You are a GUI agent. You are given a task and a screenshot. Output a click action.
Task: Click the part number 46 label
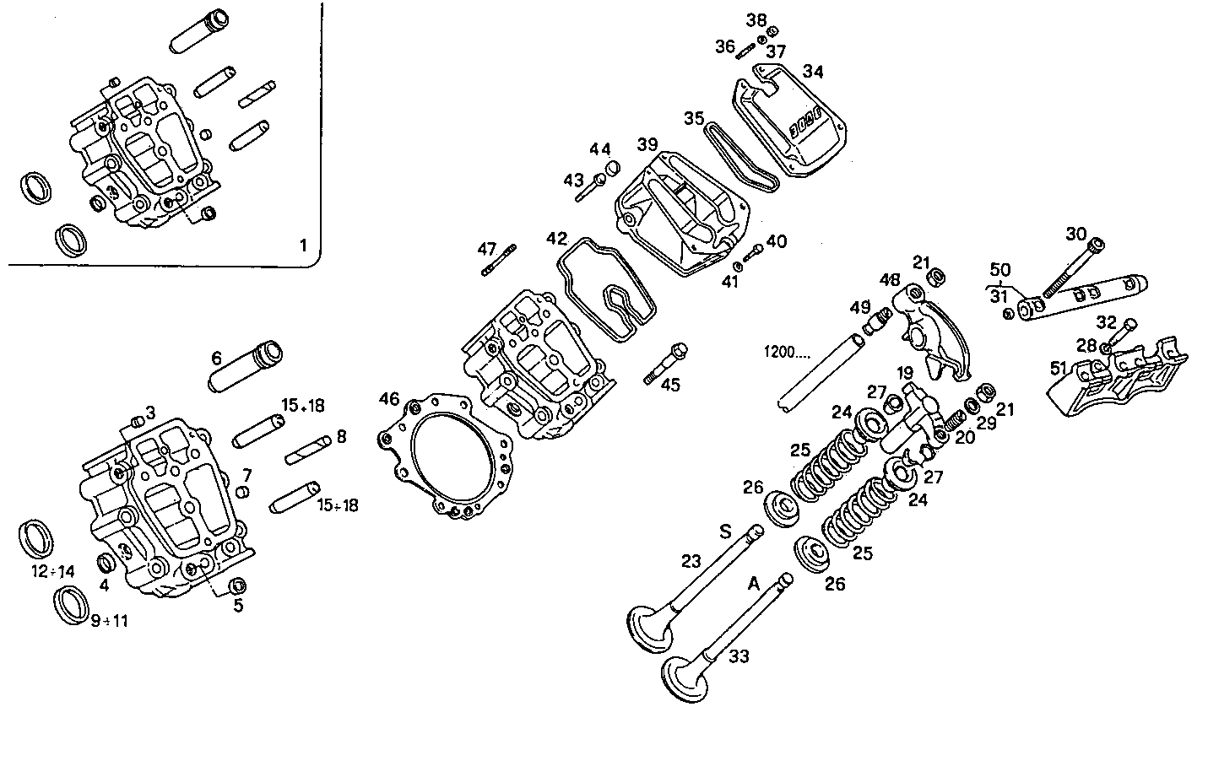(x=388, y=398)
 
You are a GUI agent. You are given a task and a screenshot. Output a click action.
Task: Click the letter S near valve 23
(x=724, y=531)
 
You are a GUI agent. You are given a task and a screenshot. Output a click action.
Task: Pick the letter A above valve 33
(x=754, y=582)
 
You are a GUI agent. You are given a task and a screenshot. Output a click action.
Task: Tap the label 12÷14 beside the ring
(x=53, y=571)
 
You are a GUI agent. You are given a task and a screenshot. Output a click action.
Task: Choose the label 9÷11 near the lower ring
(x=110, y=621)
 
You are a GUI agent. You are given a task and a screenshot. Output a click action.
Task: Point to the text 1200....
(x=786, y=352)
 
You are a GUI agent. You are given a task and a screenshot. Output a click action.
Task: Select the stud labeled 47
(x=499, y=260)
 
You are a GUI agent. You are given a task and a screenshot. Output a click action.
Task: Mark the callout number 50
(x=999, y=270)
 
